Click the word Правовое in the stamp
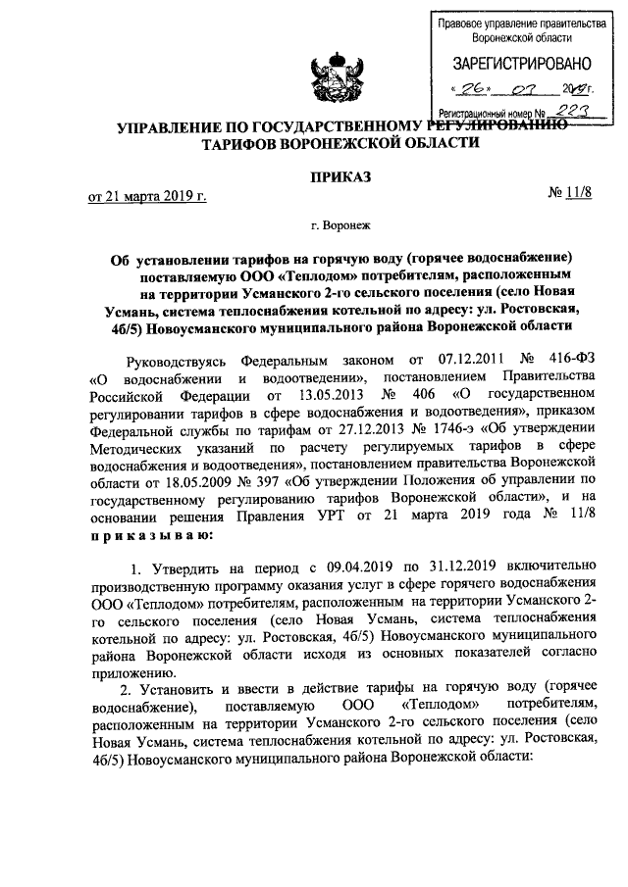[x=464, y=22]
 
